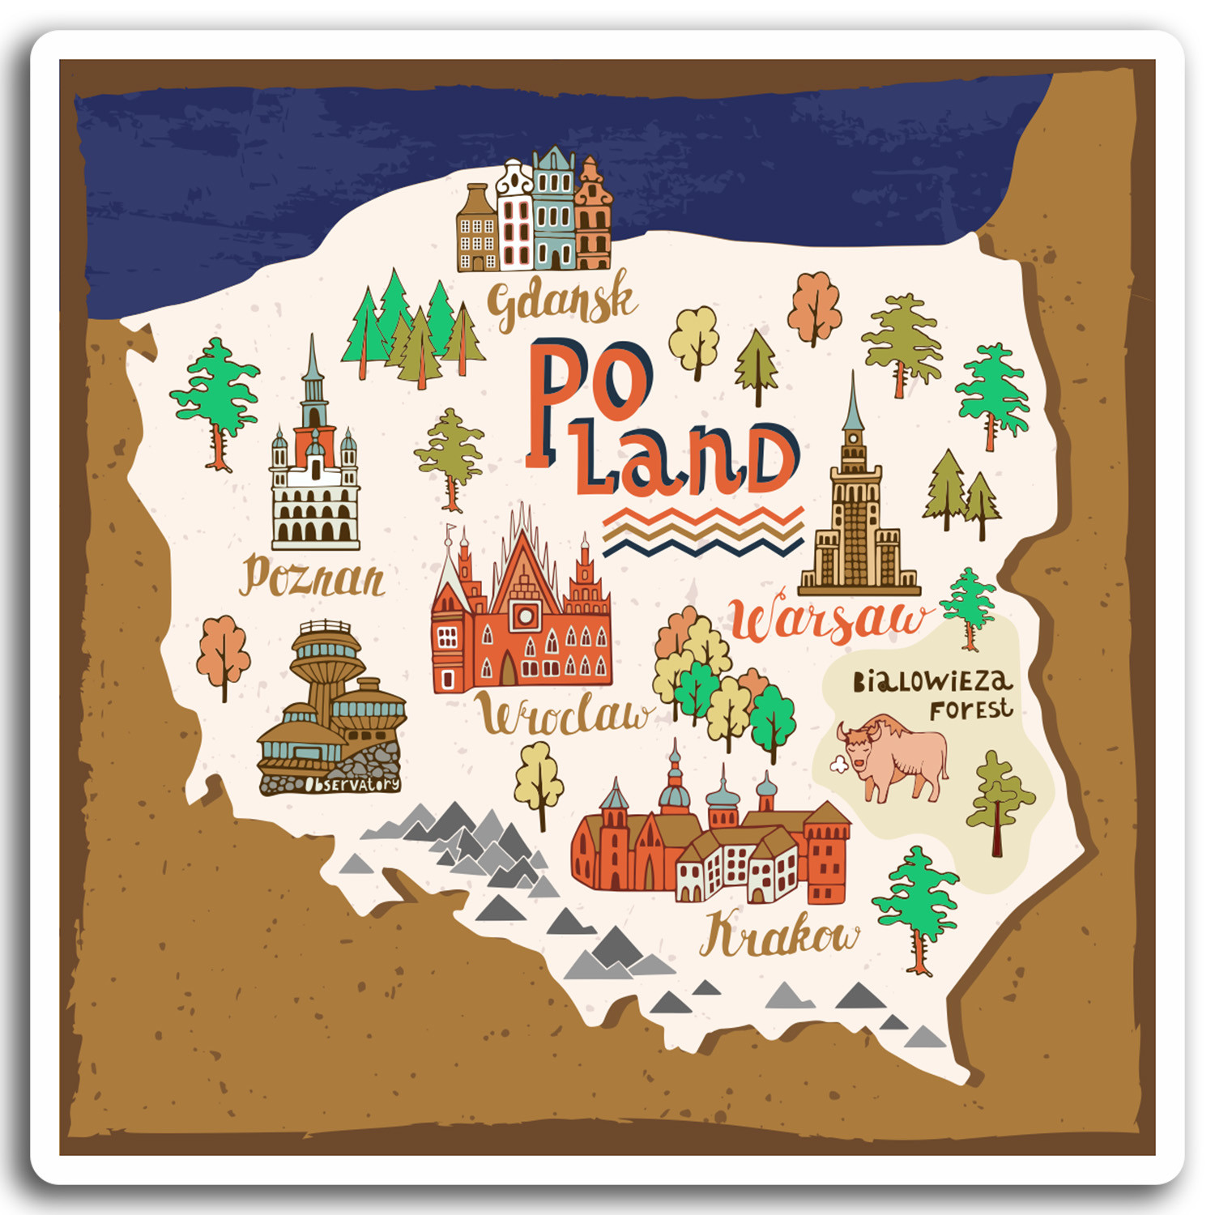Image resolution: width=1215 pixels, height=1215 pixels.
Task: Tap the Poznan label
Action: pyautogui.click(x=313, y=578)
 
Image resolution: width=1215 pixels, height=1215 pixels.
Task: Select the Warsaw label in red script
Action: pyautogui.click(x=827, y=620)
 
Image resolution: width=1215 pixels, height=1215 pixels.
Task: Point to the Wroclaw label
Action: pyautogui.click(x=562, y=715)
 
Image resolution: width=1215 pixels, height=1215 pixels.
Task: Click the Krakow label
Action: pyautogui.click(x=778, y=934)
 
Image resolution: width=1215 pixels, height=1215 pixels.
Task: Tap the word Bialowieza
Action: pyautogui.click(x=932, y=681)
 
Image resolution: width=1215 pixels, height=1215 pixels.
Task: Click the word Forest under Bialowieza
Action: pyautogui.click(x=970, y=710)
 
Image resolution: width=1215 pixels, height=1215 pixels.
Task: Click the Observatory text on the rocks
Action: pyautogui.click(x=352, y=784)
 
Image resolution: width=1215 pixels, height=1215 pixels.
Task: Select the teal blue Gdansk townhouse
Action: pyautogui.click(x=553, y=211)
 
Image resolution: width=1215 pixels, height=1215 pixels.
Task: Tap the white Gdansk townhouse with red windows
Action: pyautogui.click(x=515, y=219)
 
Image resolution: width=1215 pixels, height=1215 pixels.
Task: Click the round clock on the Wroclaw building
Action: pyautogui.click(x=524, y=616)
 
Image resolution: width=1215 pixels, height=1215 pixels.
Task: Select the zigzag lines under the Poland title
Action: pyautogui.click(x=703, y=532)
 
